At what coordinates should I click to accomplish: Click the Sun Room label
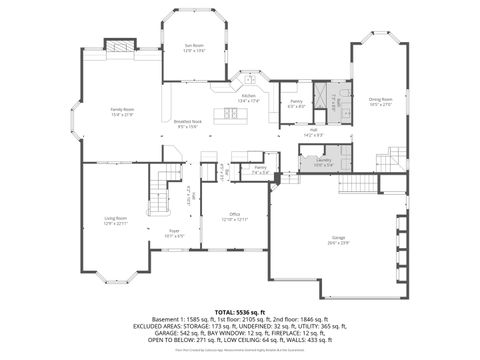[x=194, y=47]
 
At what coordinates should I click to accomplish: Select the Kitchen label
[x=249, y=98]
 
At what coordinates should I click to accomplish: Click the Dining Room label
[x=381, y=101]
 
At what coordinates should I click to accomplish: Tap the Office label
[x=235, y=216]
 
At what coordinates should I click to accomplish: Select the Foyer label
[x=173, y=232]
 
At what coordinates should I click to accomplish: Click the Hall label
[x=313, y=131]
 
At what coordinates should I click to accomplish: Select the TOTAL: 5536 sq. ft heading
[x=240, y=312]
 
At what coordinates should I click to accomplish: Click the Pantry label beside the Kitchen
[x=296, y=103]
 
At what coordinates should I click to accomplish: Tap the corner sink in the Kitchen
[x=243, y=80]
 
